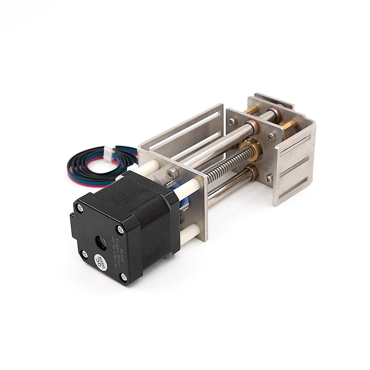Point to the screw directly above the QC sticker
pyautogui.click(x=85, y=254)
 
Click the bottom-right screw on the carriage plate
pyautogui.click(x=269, y=178)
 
